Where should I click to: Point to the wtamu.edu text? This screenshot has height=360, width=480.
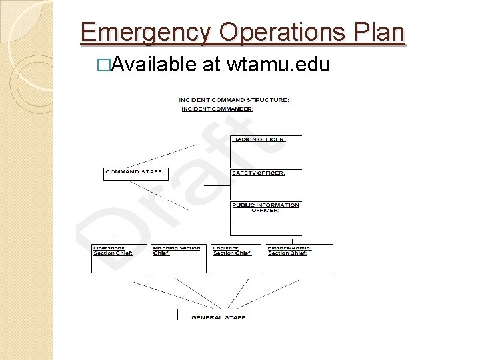point(279,65)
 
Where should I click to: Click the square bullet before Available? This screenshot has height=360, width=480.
point(102,65)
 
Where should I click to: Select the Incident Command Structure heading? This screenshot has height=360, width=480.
point(234,100)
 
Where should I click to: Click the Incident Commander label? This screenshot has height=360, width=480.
point(217,109)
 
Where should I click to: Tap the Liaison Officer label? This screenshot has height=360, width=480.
point(259,139)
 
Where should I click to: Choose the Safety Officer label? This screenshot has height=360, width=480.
point(259,173)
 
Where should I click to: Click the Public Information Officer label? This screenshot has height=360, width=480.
point(265,207)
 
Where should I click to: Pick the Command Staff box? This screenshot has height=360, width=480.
point(135,173)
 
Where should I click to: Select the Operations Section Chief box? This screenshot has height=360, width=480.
point(119,259)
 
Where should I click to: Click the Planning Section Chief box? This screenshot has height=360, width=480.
point(179,259)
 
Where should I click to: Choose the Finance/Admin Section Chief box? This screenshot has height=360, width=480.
point(299,259)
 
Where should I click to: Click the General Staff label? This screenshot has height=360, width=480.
point(219,317)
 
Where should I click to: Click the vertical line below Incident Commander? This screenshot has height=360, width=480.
point(259,119)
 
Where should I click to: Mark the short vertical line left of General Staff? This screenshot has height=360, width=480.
point(177,314)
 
